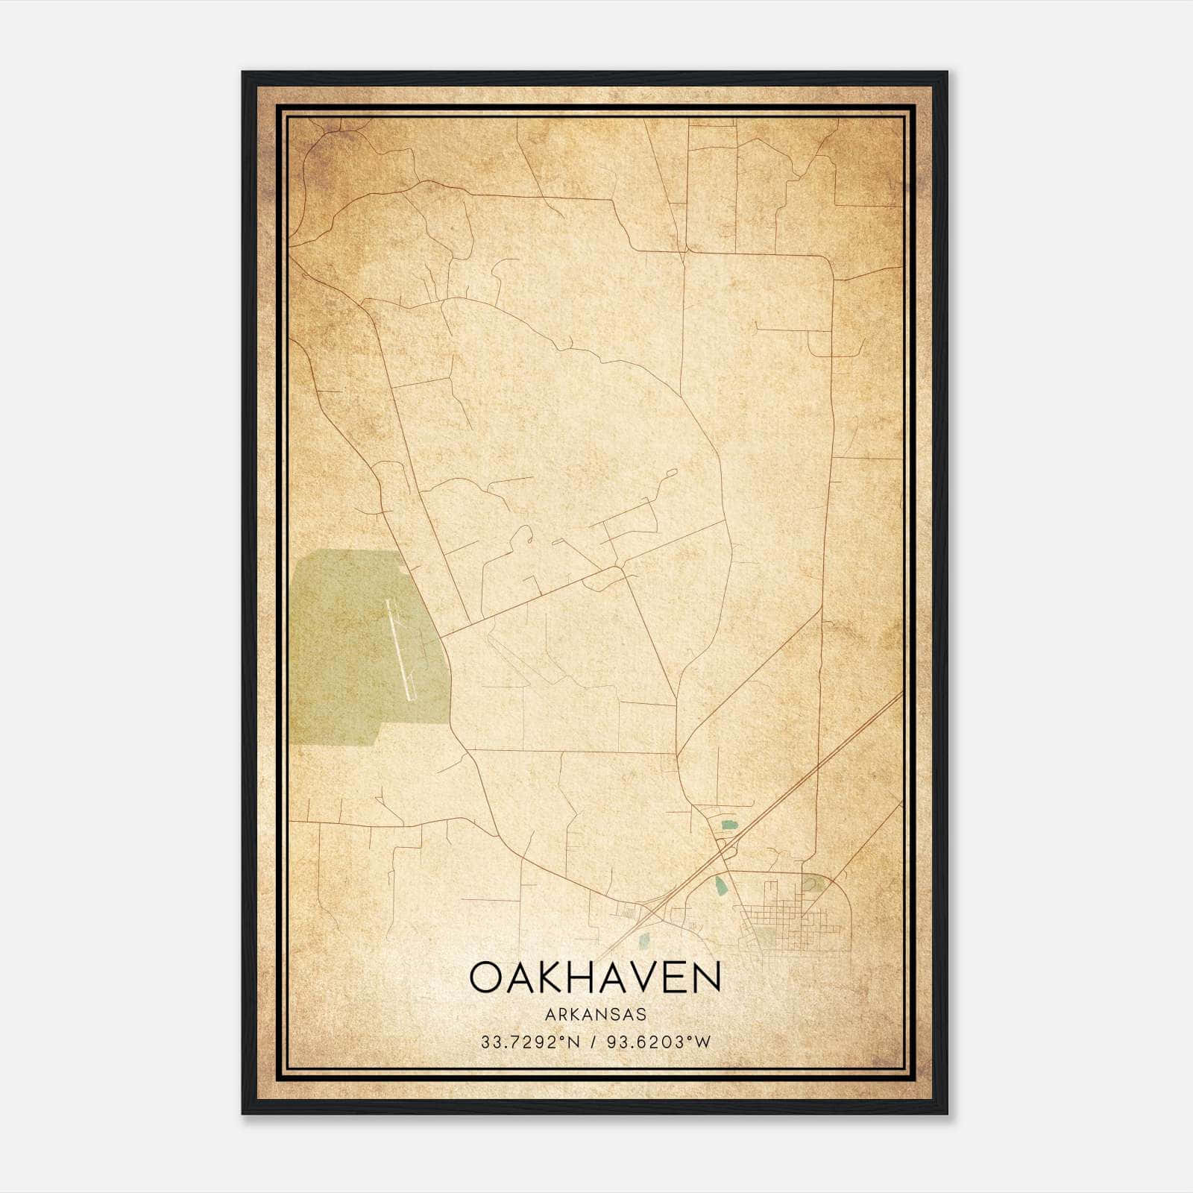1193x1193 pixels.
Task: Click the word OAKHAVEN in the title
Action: click(x=595, y=978)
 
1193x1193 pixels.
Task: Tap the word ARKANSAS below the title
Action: click(x=595, y=1015)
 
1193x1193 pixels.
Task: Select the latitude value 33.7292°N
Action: click(x=530, y=1042)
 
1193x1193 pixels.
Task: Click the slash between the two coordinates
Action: click(x=593, y=1042)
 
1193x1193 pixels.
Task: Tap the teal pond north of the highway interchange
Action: click(x=728, y=825)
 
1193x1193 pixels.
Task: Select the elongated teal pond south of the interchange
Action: click(x=720, y=886)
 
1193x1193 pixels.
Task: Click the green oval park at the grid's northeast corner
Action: click(x=811, y=886)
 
